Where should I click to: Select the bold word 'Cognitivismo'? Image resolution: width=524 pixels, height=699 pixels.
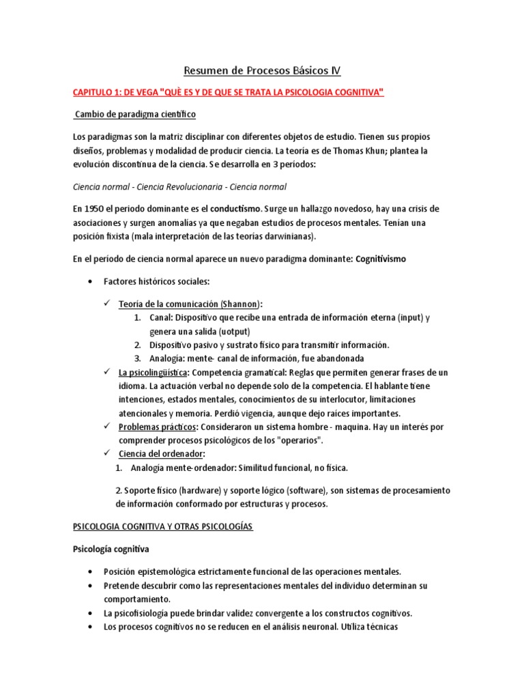pos(387,259)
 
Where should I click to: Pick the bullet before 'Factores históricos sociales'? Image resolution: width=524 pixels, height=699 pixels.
pos(91,281)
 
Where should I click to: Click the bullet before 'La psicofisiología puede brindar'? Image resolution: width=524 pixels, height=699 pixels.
pos(91,612)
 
